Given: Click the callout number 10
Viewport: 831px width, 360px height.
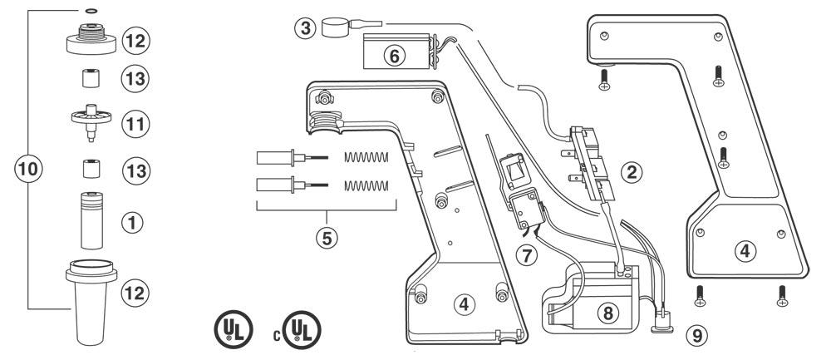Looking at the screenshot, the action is click(28, 169).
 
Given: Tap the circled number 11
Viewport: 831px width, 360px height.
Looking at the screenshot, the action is click(135, 124).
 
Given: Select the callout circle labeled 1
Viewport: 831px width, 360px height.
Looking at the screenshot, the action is click(132, 223).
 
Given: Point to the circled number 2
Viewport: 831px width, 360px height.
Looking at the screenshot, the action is click(632, 172).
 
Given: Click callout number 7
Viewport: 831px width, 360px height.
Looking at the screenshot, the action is click(526, 255).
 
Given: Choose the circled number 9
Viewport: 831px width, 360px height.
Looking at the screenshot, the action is click(697, 334).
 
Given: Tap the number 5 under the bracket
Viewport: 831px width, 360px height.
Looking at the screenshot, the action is click(327, 238).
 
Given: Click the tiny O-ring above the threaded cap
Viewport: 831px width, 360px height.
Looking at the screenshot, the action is click(91, 9).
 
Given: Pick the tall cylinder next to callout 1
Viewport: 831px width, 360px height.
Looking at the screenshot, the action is click(91, 220).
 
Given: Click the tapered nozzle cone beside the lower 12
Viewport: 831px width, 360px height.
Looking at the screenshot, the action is click(91, 301).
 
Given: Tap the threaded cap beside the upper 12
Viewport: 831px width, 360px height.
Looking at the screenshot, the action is click(91, 38).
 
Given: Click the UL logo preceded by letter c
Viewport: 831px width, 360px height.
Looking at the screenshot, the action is click(302, 330).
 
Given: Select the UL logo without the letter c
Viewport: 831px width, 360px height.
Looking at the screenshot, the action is click(234, 330).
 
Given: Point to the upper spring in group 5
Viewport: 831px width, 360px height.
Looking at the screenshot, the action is click(366, 157).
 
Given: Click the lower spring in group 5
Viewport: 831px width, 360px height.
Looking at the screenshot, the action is click(366, 185).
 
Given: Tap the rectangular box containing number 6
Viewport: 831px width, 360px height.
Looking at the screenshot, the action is click(396, 51).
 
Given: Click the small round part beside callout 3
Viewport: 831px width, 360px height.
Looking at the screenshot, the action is click(335, 27).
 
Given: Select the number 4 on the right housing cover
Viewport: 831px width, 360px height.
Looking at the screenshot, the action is click(745, 251).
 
